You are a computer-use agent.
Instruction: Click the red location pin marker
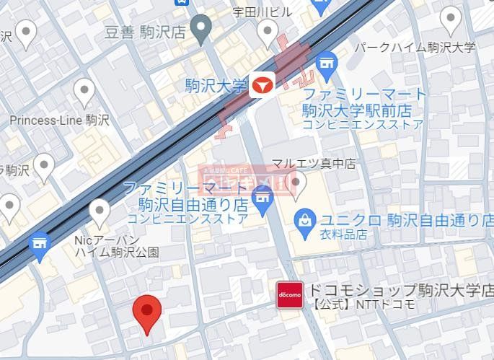(x=147, y=312)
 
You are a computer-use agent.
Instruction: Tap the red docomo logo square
(x=289, y=294)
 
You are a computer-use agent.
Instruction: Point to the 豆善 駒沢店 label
(x=144, y=31)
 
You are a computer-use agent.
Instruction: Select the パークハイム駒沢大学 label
(x=416, y=48)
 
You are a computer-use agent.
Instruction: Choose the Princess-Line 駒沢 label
(x=59, y=120)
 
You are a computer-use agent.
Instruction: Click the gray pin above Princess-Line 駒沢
(x=84, y=92)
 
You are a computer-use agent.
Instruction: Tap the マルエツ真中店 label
(x=313, y=164)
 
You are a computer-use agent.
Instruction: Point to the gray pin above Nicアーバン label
(x=99, y=212)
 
